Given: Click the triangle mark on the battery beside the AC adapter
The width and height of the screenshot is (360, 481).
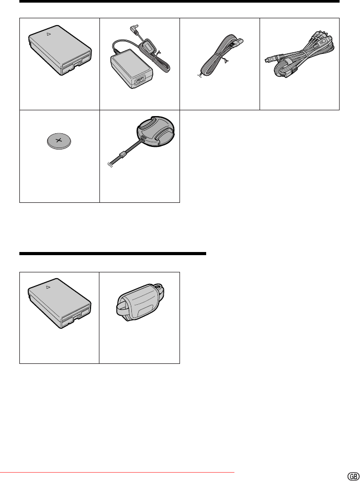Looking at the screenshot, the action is pos(49,34).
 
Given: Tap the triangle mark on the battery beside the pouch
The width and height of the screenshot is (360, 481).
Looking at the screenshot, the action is pos(48,287).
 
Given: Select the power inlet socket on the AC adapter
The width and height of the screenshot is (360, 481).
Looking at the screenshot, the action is pos(140,82).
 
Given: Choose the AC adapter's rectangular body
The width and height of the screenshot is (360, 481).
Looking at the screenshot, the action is pos(131,68).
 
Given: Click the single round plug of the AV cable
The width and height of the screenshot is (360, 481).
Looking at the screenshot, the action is pos(269,59).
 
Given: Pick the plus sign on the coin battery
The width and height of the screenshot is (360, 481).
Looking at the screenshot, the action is pos(58,141).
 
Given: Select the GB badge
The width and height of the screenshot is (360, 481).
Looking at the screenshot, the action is pos(353,476).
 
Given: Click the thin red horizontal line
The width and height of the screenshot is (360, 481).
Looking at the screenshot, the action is pos(117,473).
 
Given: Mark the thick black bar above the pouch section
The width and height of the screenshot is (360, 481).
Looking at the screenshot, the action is pos(113,254).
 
